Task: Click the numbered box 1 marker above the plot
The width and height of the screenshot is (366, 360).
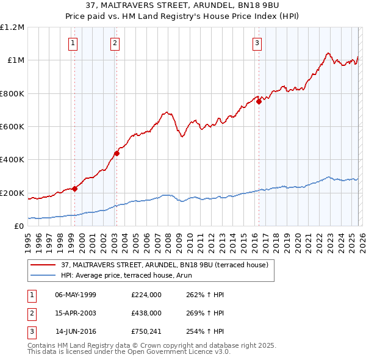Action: tap(73, 43)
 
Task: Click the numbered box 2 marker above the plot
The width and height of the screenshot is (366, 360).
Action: tap(115, 43)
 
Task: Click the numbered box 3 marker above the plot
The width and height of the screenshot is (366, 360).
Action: tap(257, 43)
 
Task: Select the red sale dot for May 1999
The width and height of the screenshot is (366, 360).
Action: tap(74, 189)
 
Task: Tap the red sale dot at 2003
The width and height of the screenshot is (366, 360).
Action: tap(117, 153)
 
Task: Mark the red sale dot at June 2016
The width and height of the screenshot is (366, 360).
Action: tap(259, 102)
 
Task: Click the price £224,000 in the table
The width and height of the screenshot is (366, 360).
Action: tap(146, 295)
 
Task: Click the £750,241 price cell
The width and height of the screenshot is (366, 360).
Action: tap(146, 331)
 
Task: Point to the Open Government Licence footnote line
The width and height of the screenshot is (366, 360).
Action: tap(129, 352)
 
